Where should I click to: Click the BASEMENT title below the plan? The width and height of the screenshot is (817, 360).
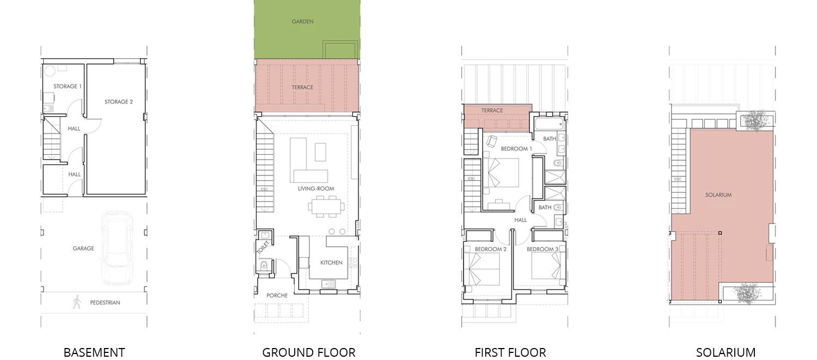(94, 352)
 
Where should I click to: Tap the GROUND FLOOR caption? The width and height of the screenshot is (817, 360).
(309, 352)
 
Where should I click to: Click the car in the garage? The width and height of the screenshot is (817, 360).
(117, 248)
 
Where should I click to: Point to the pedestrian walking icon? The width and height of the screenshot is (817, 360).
(77, 302)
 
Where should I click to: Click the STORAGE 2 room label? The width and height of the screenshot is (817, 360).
(119, 102)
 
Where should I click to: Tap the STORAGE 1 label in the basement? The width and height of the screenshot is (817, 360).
(68, 87)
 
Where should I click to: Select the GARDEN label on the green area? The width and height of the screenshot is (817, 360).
(302, 22)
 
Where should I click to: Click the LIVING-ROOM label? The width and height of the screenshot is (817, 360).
(316, 189)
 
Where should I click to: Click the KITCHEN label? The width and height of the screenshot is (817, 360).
(331, 263)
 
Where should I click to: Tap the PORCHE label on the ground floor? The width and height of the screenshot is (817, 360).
(277, 296)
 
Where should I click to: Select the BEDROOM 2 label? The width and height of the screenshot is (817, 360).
(491, 249)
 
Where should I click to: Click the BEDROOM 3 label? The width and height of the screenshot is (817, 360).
(542, 249)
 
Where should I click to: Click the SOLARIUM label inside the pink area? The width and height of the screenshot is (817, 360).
(718, 195)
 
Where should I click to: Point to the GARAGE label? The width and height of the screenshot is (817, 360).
(83, 248)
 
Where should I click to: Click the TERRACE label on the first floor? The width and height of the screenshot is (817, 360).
(492, 111)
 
